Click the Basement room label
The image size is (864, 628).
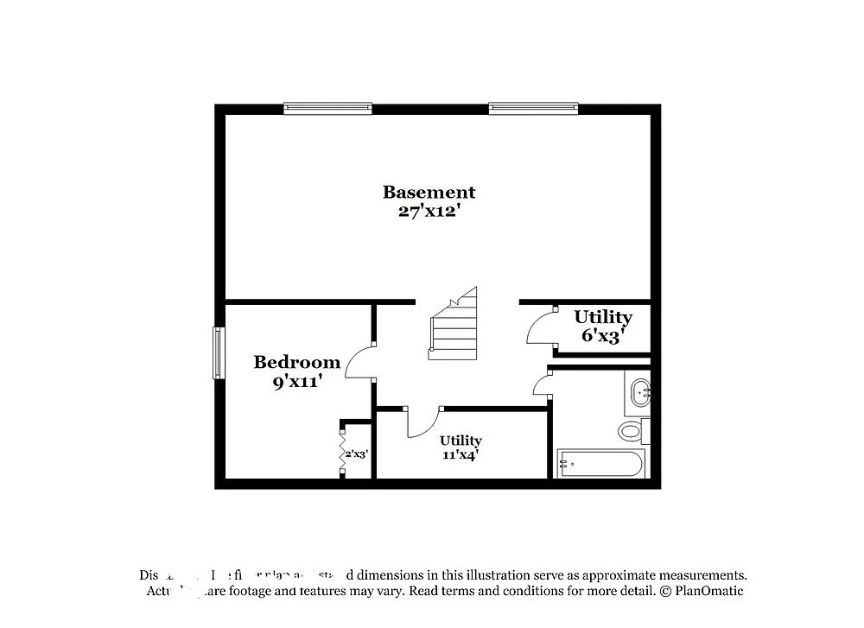(429, 192)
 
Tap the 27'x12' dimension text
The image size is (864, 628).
(429, 211)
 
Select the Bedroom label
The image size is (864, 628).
(296, 362)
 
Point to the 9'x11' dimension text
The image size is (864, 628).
(297, 381)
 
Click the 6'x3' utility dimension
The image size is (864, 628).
(602, 335)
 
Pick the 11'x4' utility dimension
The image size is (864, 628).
(461, 455)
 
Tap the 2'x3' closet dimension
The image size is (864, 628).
(357, 452)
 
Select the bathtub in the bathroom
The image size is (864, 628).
(600, 464)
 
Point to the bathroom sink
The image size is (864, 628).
(641, 392)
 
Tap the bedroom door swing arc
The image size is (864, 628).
(359, 363)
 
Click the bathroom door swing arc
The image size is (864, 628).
(542, 383)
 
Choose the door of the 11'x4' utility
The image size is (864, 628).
(422, 423)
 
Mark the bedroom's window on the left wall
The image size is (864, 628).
(219, 352)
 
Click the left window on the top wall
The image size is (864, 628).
(327, 109)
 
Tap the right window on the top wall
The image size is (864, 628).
(532, 109)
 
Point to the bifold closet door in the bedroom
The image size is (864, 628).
(343, 449)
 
